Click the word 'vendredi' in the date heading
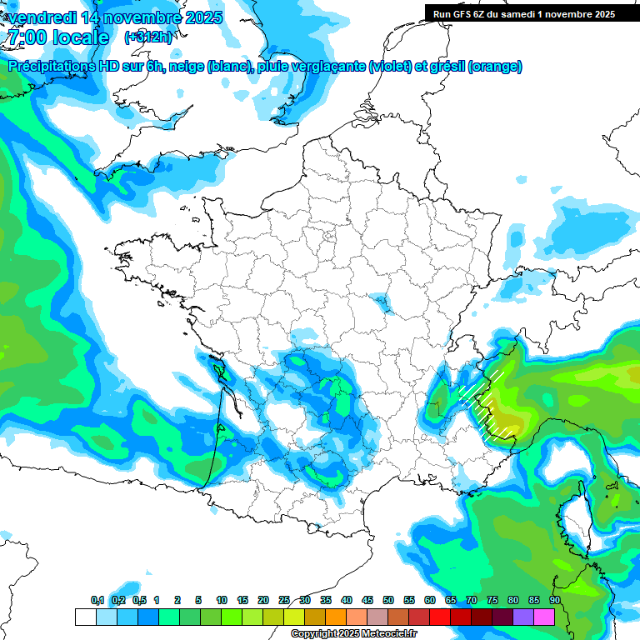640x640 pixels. [42, 17]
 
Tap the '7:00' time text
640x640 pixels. [27, 37]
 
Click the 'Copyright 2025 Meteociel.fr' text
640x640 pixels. [354, 634]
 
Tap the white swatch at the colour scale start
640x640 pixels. [85, 617]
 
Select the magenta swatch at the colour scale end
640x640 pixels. [544, 617]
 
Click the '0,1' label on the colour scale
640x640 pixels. [97, 600]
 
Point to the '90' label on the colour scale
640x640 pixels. [554, 600]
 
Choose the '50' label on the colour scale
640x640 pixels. [388, 600]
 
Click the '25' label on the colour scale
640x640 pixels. [284, 600]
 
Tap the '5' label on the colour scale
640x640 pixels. [198, 600]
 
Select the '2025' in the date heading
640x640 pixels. [200, 17]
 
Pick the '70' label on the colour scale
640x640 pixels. [472, 600]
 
